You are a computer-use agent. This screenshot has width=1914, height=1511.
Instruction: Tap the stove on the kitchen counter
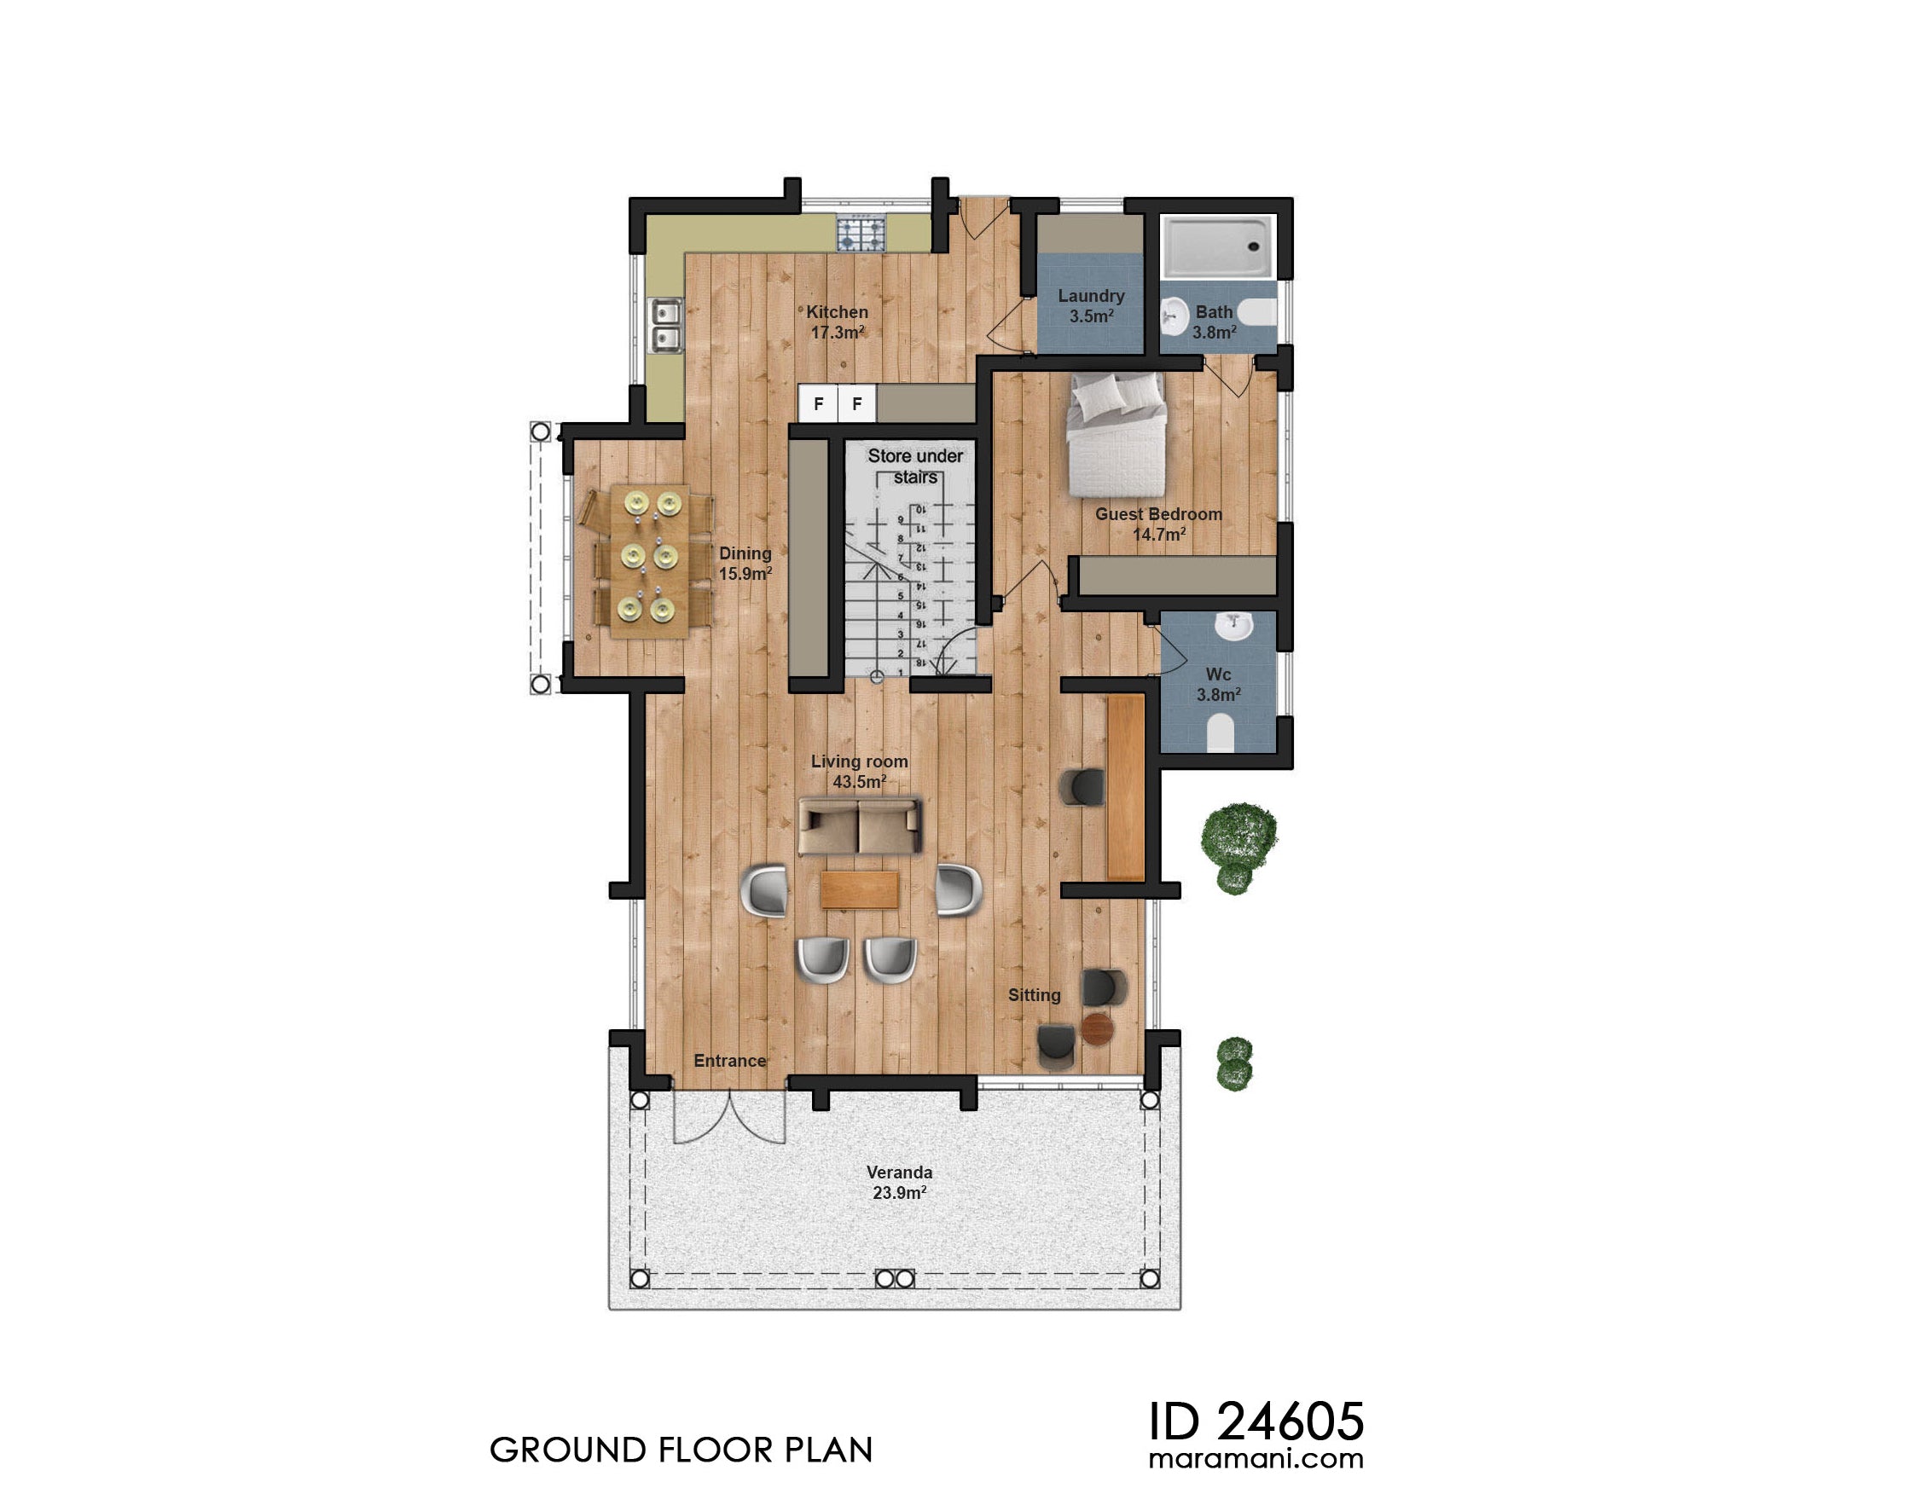860,234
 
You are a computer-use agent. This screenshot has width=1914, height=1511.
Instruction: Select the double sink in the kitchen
665,325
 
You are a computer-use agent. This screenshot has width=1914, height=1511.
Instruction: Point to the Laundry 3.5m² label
1090,305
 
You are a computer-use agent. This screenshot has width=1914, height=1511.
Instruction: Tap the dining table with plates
648,560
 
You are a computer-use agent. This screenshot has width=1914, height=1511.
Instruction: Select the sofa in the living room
859,826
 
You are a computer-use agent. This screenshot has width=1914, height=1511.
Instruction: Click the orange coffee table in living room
859,890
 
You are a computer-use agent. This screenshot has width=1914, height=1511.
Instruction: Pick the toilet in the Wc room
1220,733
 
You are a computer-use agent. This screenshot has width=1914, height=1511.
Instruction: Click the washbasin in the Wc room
1232,627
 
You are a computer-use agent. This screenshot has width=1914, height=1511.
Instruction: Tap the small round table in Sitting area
1096,1028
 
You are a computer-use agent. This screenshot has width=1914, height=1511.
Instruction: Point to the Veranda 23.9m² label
898,1182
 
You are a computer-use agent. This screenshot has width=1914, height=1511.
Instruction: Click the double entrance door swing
729,1116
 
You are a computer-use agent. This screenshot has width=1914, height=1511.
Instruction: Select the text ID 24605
1255,1421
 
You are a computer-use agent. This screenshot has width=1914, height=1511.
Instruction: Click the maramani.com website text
1255,1458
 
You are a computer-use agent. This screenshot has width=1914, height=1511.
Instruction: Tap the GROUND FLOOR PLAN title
681,1450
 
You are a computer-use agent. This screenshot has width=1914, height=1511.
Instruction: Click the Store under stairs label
914,466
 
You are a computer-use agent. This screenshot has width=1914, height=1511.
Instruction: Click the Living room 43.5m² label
858,772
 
